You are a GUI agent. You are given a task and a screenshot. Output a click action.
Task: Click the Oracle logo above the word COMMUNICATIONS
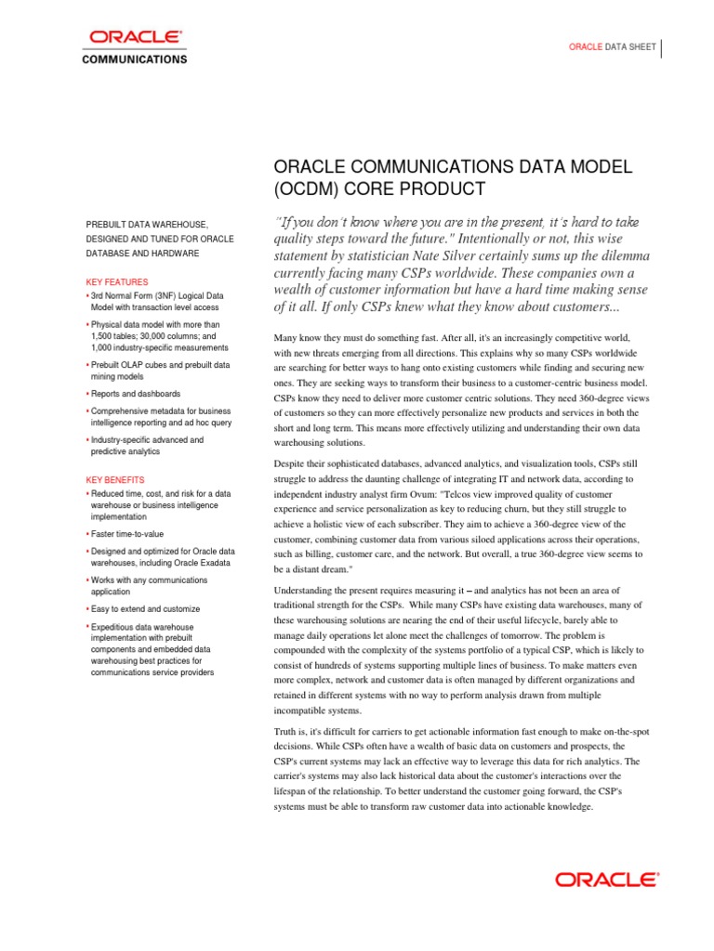click(x=135, y=37)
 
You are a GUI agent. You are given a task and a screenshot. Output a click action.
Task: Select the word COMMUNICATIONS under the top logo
click(x=136, y=59)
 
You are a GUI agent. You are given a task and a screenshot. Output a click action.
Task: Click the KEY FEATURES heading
click(x=116, y=281)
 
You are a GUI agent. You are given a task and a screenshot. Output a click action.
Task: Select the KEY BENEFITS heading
click(x=116, y=480)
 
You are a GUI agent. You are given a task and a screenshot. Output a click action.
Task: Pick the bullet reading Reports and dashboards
click(x=136, y=394)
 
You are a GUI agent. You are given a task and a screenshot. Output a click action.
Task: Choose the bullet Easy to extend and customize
click(x=145, y=609)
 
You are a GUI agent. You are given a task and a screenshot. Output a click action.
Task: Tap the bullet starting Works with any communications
click(x=150, y=580)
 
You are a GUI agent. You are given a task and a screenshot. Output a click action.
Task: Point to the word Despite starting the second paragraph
click(x=292, y=463)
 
